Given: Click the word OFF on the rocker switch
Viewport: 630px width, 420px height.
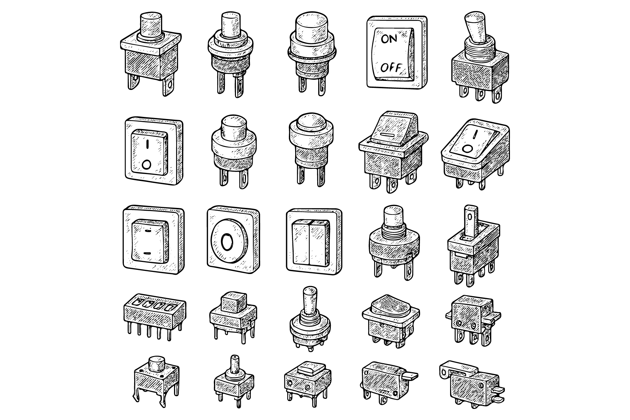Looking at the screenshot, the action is [391, 67].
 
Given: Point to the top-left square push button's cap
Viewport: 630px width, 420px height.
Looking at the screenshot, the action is [151, 25].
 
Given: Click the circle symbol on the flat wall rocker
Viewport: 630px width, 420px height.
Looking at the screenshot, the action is [147, 163].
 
